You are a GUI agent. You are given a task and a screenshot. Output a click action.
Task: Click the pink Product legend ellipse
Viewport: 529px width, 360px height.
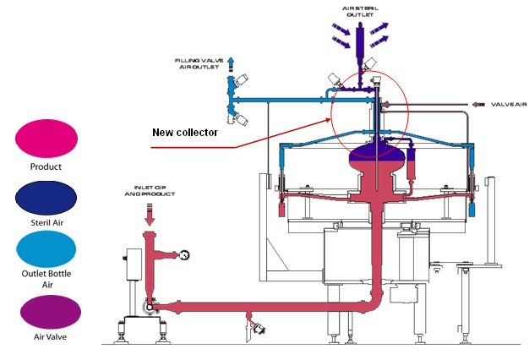click(x=47, y=137)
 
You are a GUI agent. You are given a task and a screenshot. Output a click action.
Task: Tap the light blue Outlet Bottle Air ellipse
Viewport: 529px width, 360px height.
click(x=47, y=253)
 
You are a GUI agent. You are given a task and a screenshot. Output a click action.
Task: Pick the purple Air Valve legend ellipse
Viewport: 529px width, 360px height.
click(x=47, y=310)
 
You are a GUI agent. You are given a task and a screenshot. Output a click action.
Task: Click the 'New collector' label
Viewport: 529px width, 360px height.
click(x=185, y=133)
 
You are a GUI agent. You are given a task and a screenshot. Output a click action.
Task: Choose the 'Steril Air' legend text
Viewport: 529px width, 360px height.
click(x=47, y=224)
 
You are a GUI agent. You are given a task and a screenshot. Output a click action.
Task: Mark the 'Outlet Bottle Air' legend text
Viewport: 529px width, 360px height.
click(x=47, y=282)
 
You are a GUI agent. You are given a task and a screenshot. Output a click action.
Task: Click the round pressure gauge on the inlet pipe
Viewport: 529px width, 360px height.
click(x=183, y=252)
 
